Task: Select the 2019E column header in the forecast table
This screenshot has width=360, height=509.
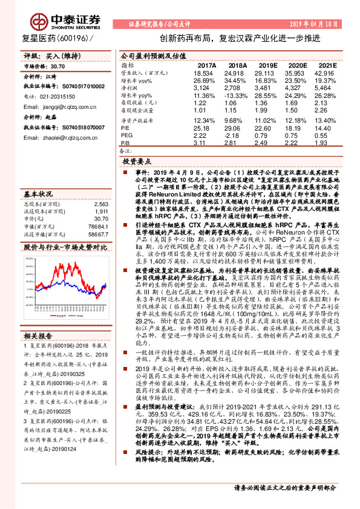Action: click(267, 65)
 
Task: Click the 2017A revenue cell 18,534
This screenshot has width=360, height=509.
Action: click(205, 71)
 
